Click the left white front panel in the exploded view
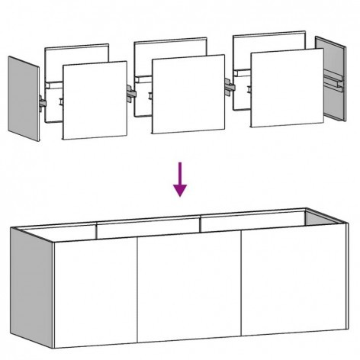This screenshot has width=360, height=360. tap(93, 101)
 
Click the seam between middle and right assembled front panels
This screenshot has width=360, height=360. tap(242, 286)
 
